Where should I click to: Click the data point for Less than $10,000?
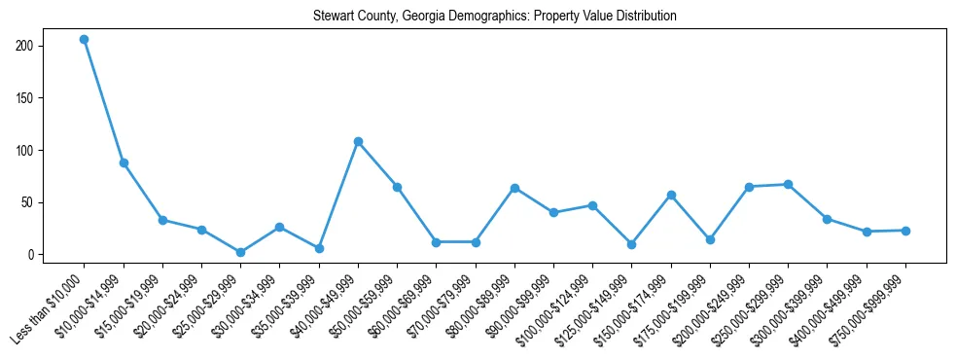tap(85, 40)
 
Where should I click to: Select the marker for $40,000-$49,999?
tap(358, 142)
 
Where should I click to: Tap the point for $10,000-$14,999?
tap(124, 163)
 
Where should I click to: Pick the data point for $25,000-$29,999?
tap(240, 253)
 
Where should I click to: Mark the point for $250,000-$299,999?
tap(788, 185)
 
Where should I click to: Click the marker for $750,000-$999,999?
tap(905, 231)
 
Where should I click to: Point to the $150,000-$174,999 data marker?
tap(671, 196)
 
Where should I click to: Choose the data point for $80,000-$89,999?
tap(514, 188)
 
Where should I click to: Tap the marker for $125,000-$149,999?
tap(631, 244)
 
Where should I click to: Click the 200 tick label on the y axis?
tap(25, 47)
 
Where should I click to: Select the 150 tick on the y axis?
tap(25, 98)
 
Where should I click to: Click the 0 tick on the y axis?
tap(31, 255)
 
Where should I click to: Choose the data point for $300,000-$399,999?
tap(827, 220)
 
